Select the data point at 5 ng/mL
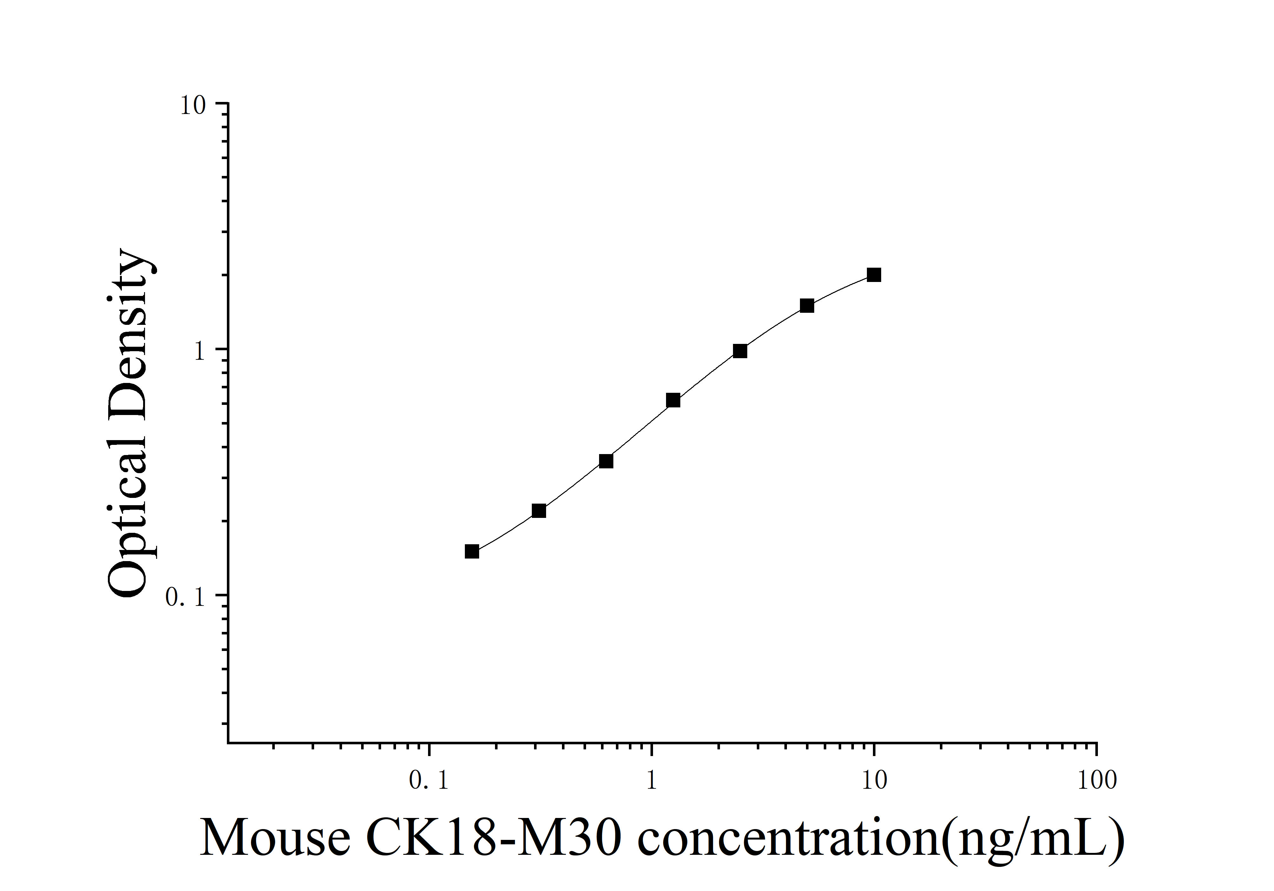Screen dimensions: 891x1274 coord(807,306)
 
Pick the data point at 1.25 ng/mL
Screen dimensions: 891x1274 coord(673,400)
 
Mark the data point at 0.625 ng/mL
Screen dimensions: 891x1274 coord(606,461)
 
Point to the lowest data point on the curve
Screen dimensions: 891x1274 coord(472,551)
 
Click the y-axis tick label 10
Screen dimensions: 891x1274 coord(193,105)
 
